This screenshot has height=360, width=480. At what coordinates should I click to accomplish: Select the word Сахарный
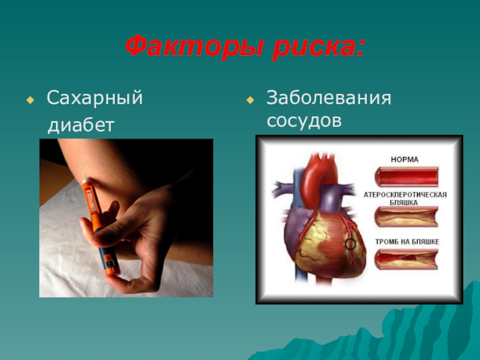(95, 98)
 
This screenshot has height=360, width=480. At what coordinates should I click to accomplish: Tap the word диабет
(81, 125)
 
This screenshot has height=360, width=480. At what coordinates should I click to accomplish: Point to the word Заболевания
(329, 98)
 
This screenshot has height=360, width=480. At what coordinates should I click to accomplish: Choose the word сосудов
(304, 121)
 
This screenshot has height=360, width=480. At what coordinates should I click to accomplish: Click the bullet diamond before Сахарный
(29, 99)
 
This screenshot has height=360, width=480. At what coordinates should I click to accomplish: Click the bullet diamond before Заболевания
(250, 99)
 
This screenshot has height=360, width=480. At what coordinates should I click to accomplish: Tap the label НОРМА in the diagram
(405, 160)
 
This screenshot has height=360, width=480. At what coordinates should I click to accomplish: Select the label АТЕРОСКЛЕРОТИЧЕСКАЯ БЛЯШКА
(405, 199)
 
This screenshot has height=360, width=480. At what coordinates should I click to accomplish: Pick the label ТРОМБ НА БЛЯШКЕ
(406, 241)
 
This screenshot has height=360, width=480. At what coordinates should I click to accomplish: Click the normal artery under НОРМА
(406, 177)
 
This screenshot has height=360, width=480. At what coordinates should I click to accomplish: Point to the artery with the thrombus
(406, 259)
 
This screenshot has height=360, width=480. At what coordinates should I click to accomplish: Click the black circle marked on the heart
(350, 244)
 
